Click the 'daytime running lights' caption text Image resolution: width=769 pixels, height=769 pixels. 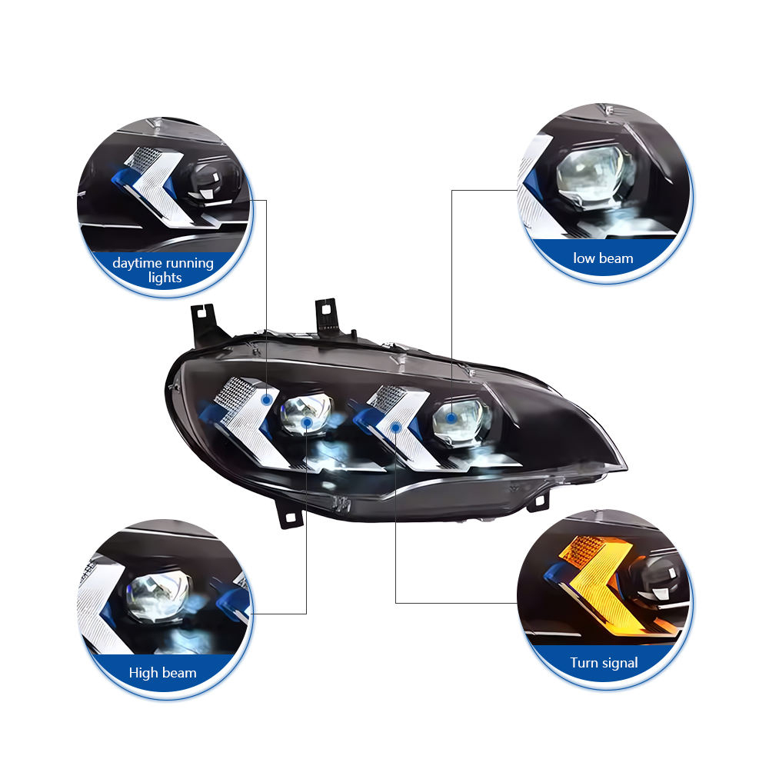point(164,270)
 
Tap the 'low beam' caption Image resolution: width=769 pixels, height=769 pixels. point(604,258)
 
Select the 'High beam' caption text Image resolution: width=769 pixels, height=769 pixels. point(163,673)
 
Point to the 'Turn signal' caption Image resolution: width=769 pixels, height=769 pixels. point(604,662)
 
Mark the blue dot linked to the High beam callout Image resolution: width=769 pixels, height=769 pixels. point(307,422)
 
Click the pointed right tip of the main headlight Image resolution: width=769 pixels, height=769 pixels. point(624,466)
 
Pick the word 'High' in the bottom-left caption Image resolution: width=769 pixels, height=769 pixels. point(143,673)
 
